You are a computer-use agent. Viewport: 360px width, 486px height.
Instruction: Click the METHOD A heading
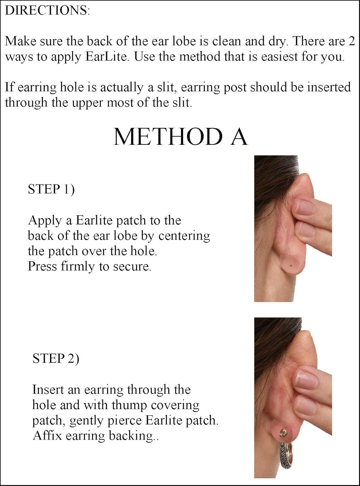180,136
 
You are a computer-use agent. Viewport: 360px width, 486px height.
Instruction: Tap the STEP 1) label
51,189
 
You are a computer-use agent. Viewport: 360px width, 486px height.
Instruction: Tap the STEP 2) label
56,358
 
